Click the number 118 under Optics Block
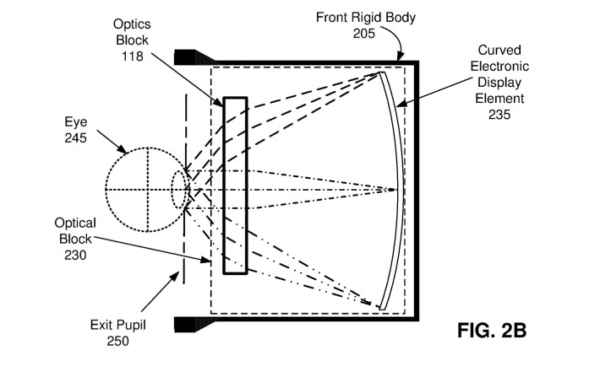tap(133, 57)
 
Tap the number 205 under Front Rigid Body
tap(364, 34)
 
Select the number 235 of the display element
tap(499, 114)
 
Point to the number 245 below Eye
tap(75, 138)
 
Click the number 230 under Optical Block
tap(75, 255)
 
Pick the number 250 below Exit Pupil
tap(117, 341)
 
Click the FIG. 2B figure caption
tap(492, 331)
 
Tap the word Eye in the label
tap(76, 122)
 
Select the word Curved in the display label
tap(499, 50)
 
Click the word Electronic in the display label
tap(499, 66)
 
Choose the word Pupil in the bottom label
tap(132, 326)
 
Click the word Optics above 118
tap(132, 24)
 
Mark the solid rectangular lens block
tap(235, 186)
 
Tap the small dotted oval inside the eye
tap(179, 190)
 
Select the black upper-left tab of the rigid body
tap(194, 57)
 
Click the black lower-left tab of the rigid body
tap(194, 324)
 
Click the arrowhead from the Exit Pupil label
tap(174, 277)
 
